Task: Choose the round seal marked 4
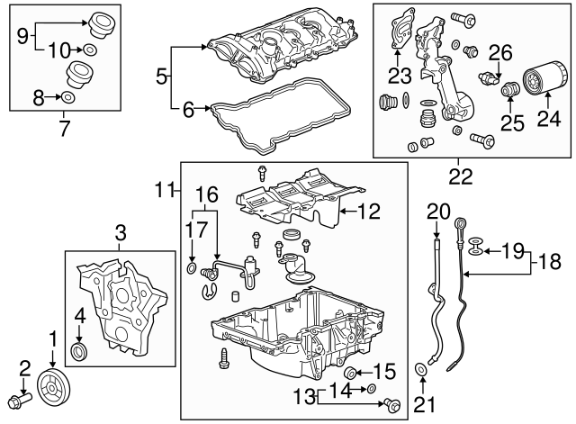[80, 350]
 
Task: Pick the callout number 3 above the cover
[120, 237]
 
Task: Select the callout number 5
[162, 77]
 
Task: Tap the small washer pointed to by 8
[69, 96]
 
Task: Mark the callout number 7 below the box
[63, 128]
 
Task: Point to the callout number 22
[460, 177]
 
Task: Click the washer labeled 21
[421, 370]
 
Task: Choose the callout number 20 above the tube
[438, 212]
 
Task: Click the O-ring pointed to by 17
[192, 268]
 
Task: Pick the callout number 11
[162, 190]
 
